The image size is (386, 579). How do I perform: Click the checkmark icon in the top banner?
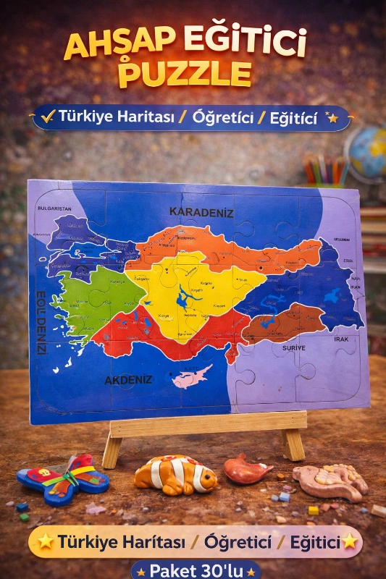point(49,117)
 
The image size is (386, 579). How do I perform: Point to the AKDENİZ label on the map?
point(128,379)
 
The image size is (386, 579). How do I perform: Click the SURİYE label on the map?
point(293,347)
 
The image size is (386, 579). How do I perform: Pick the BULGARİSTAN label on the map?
point(54,208)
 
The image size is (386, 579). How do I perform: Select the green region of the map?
point(98,297)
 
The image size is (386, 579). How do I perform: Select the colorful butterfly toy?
point(63,478)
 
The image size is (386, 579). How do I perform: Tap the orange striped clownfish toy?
point(176,475)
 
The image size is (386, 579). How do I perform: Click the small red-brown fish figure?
point(247,468)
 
